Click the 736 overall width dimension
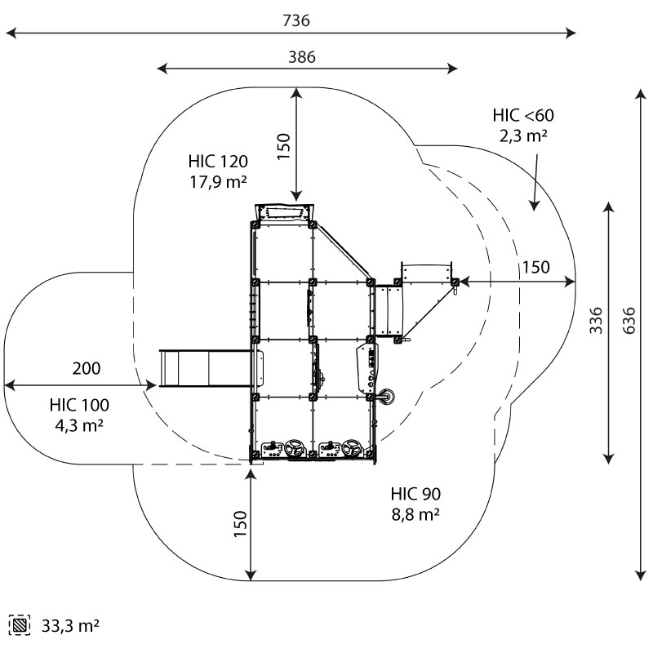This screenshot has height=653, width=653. [x=296, y=20]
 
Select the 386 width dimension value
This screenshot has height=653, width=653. [x=301, y=56]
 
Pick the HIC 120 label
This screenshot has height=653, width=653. [x=217, y=161]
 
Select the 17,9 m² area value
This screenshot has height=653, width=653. [x=217, y=181]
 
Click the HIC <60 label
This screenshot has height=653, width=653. [x=523, y=115]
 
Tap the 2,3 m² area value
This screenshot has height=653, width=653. [x=523, y=135]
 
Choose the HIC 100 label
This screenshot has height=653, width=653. [x=79, y=405]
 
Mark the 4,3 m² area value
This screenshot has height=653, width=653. [x=79, y=425]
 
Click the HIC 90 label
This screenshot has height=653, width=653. [x=415, y=494]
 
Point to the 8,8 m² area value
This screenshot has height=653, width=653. [x=415, y=514]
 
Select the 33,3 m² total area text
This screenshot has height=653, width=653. [x=70, y=626]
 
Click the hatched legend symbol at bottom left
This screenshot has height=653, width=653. [x=20, y=626]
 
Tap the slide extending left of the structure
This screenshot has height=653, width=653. [x=203, y=367]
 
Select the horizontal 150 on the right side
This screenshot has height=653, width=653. [x=535, y=267]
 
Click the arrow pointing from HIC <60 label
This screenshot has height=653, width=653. [x=536, y=180]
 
